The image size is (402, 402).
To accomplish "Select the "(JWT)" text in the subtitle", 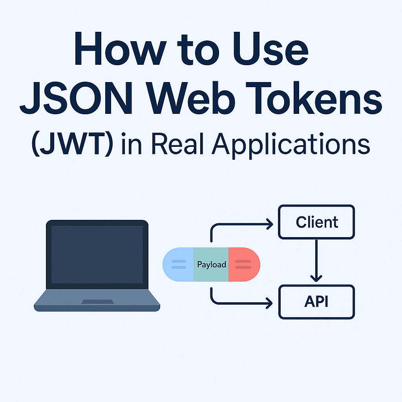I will pyautogui.click(x=72, y=144).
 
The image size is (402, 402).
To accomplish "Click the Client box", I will pyautogui.click(x=316, y=222).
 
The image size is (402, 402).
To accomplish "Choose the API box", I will pyautogui.click(x=316, y=302).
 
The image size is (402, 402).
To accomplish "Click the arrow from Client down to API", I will pyautogui.click(x=316, y=261).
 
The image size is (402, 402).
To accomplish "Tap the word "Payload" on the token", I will pyautogui.click(x=211, y=265).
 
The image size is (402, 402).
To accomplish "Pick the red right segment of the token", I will pyautogui.click(x=243, y=265).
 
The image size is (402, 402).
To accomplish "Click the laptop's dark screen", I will pyautogui.click(x=97, y=254).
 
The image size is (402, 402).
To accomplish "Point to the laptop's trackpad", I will pyautogui.click(x=97, y=301).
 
